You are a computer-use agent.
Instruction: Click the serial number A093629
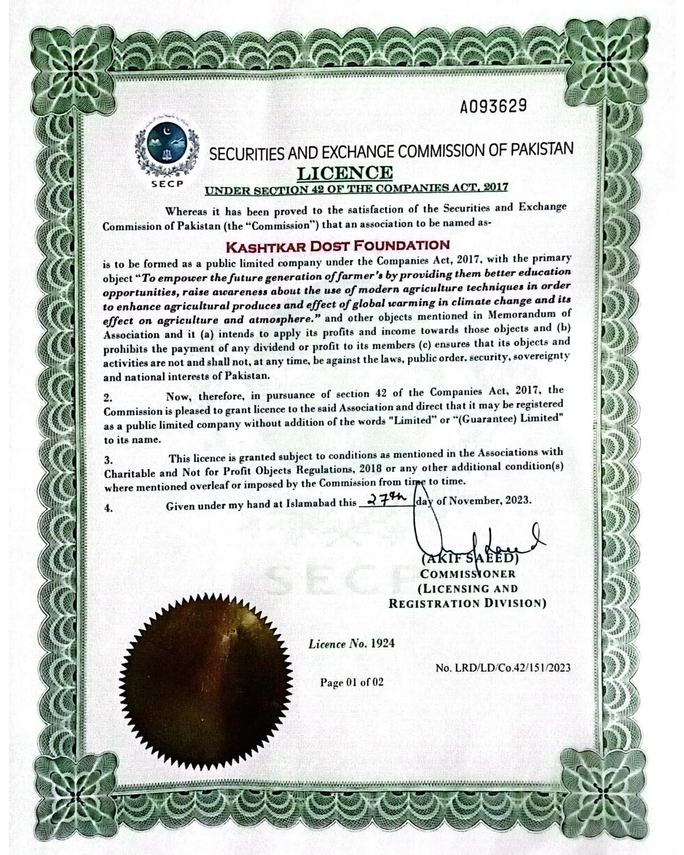click(x=493, y=106)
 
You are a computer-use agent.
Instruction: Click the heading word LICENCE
click(x=345, y=173)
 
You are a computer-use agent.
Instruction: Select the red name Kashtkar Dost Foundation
click(x=337, y=246)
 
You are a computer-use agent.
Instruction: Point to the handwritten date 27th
click(x=385, y=499)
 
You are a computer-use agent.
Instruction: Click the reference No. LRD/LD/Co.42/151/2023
click(x=503, y=667)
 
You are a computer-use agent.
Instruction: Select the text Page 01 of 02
click(x=351, y=682)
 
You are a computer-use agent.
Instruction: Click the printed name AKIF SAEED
click(x=470, y=558)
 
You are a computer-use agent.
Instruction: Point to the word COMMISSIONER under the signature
click(x=468, y=574)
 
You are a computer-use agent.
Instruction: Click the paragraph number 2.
click(x=108, y=398)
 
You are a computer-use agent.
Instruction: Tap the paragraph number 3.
click(x=109, y=460)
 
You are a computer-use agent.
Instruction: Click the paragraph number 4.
click(x=109, y=508)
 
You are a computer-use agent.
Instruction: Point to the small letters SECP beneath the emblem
click(x=167, y=184)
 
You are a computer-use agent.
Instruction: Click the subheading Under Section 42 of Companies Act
click(x=357, y=189)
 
